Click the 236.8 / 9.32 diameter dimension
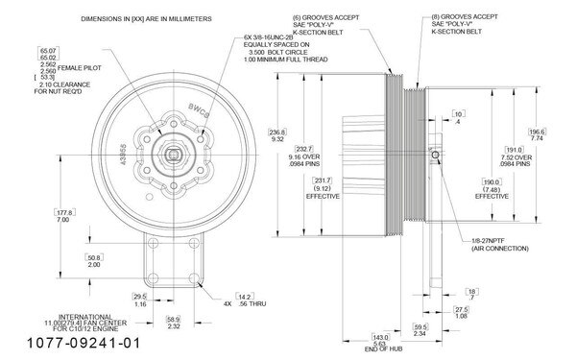[278, 135]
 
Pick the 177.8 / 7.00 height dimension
[65, 216]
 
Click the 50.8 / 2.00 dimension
[94, 261]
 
